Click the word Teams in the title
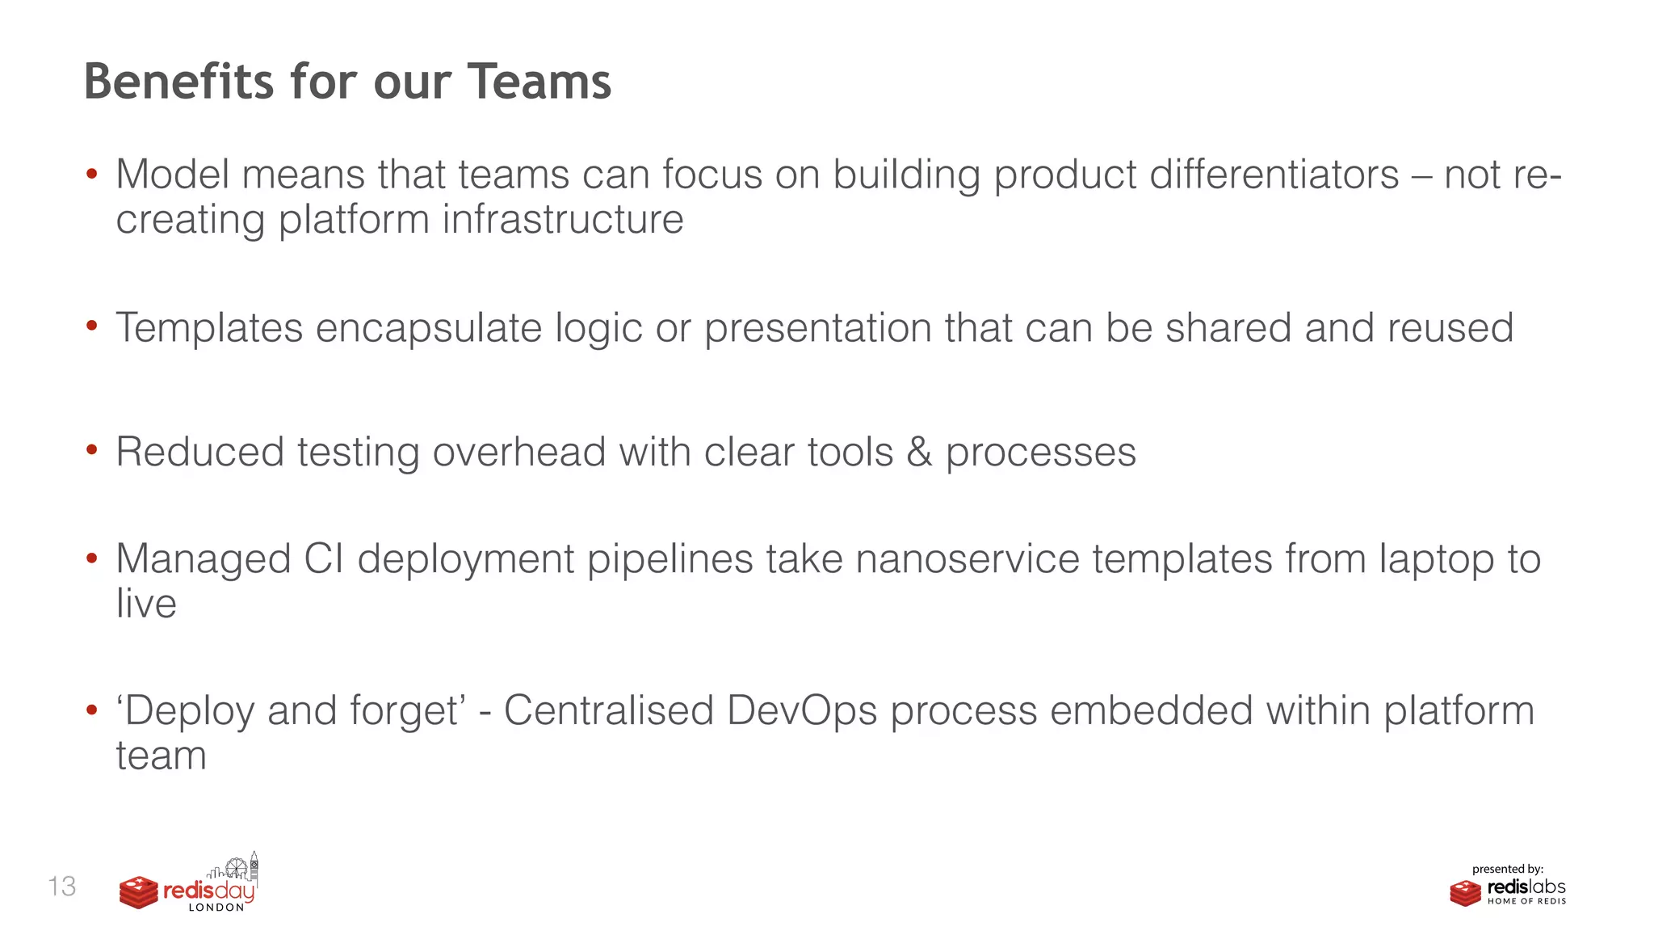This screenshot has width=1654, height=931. pyautogui.click(x=539, y=82)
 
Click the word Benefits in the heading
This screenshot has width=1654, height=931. pyautogui.click(x=178, y=82)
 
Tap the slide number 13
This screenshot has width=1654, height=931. pyautogui.click(x=62, y=887)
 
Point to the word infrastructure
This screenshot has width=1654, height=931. pyautogui.click(x=562, y=220)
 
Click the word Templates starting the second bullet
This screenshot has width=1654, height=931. pyautogui.click(x=209, y=328)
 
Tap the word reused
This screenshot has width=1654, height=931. pyautogui.click(x=1450, y=328)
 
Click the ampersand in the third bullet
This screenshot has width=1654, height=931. pyautogui.click(x=919, y=452)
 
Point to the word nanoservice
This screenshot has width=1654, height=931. pyautogui.click(x=967, y=559)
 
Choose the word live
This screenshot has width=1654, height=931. pyautogui.click(x=146, y=604)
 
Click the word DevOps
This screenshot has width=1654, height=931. pyautogui.click(x=801, y=711)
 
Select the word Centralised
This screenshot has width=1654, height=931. pyautogui.click(x=608, y=711)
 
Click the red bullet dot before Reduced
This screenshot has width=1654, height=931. pyautogui.click(x=92, y=450)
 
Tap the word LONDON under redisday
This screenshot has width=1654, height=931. pyautogui.click(x=216, y=908)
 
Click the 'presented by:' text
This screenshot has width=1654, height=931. pyautogui.click(x=1507, y=870)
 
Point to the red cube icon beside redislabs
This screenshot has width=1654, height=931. pyautogui.click(x=1465, y=893)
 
